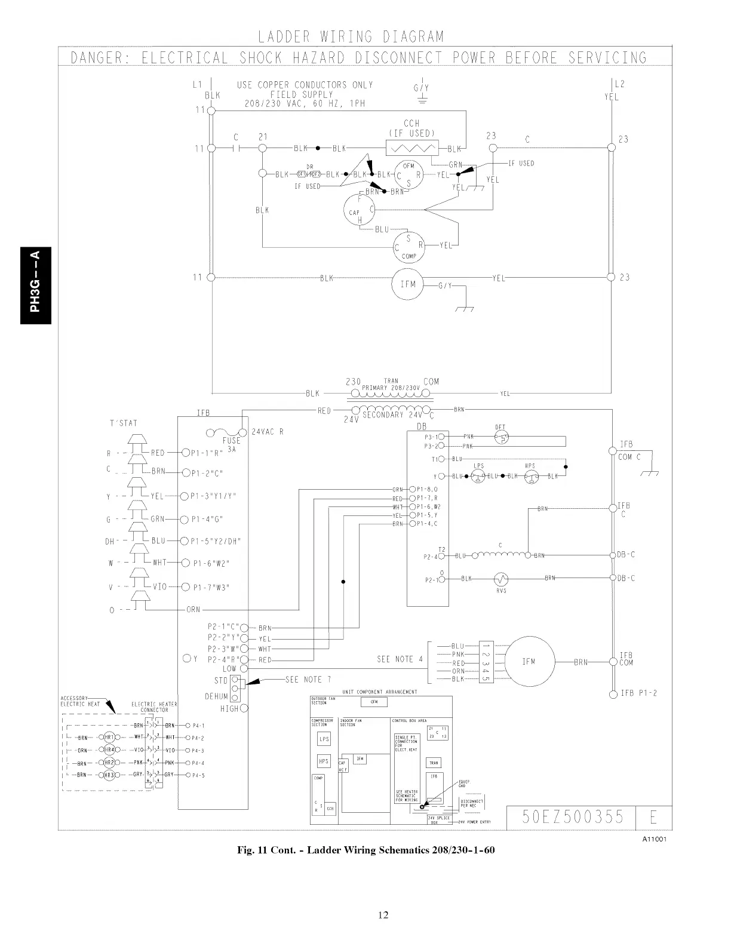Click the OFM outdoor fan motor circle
point(408,174)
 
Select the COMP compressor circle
point(408,246)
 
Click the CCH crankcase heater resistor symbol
point(412,148)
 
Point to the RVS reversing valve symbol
point(500,579)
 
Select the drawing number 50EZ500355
point(572,816)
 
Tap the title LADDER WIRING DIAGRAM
point(351,37)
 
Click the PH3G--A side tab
point(36,285)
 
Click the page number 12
point(383,914)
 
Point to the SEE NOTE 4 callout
point(400,659)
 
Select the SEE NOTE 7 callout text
point(308,680)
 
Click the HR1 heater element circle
point(109,738)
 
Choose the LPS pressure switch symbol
point(478,476)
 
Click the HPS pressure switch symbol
point(529,476)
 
